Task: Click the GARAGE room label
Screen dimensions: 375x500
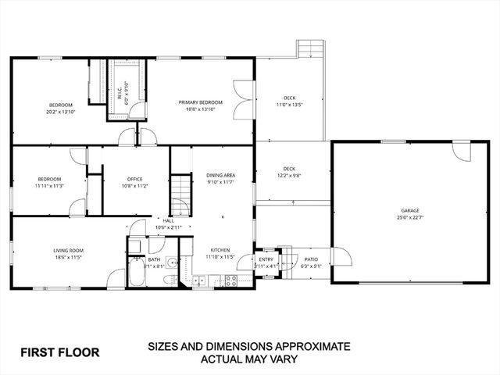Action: point(411,211)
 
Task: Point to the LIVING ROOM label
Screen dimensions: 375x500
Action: point(70,251)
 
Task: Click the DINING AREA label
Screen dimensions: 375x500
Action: point(221,175)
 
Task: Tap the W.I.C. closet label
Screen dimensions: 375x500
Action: point(120,95)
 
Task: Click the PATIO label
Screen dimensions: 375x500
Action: point(311,259)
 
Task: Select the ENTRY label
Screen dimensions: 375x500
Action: point(266,259)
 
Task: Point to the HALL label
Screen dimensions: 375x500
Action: point(168,221)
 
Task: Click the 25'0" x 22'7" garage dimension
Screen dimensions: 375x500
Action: point(411,218)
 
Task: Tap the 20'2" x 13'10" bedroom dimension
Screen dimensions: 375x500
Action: point(61,112)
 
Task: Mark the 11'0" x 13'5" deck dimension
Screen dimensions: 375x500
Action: point(289,105)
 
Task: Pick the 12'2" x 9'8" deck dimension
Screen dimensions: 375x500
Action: point(289,176)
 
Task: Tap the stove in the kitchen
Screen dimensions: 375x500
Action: point(231,279)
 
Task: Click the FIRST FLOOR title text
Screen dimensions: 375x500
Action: point(60,352)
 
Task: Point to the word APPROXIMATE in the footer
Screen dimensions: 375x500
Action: point(304,346)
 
